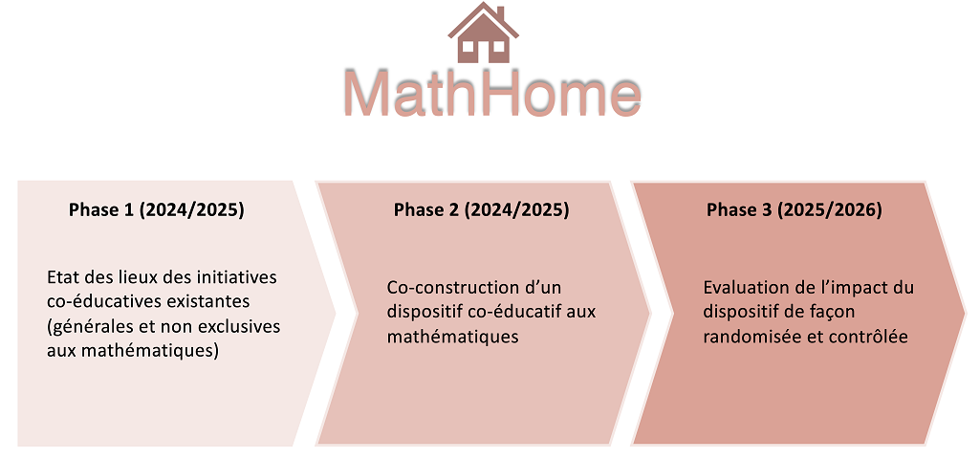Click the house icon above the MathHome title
483,33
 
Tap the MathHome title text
491,93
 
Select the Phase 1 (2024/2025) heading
156,210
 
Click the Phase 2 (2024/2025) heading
481,210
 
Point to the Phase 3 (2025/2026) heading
795,210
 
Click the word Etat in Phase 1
61,277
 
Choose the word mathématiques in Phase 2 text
453,338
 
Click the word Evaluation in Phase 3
745,288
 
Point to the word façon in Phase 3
833,312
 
